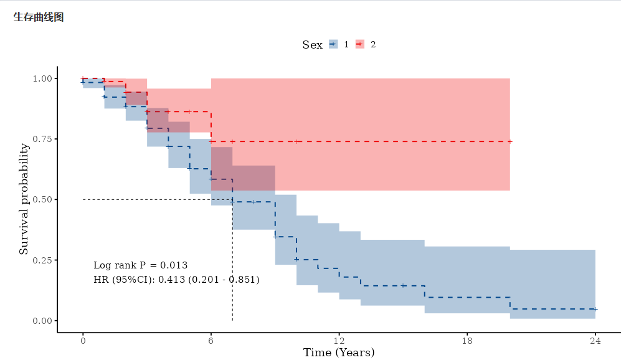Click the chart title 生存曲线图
click(38, 17)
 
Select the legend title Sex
click(312, 45)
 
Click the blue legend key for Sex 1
click(333, 44)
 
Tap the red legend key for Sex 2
click(360, 44)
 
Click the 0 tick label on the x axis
click(83, 341)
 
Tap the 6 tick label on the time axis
click(211, 341)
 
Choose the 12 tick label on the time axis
click(339, 341)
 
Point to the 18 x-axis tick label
click(467, 341)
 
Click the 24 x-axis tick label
click(595, 341)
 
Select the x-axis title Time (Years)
click(339, 353)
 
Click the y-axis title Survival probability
click(24, 199)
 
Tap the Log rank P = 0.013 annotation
click(140, 265)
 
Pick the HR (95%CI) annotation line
click(176, 280)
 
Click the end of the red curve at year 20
click(510, 141)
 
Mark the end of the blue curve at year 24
click(595, 309)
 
